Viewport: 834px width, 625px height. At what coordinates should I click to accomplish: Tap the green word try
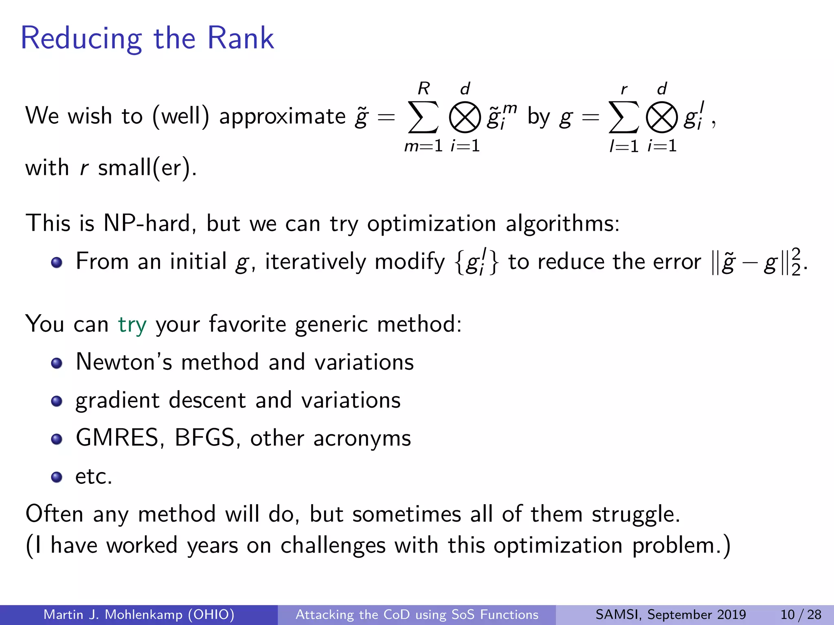click(132, 325)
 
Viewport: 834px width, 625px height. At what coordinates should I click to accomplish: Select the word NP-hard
click(147, 223)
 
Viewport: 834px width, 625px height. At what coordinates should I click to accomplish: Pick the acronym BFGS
click(205, 438)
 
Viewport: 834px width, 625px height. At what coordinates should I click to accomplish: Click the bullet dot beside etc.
click(57, 476)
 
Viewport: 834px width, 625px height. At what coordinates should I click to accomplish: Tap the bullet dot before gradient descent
click(57, 401)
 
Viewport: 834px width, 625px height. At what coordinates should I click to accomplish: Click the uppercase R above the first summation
click(424, 88)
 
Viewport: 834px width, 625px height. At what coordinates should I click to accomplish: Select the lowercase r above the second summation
click(624, 90)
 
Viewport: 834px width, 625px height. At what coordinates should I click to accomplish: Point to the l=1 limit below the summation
click(624, 146)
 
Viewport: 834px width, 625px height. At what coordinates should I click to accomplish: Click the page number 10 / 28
click(801, 614)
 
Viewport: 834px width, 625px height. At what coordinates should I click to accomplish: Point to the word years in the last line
click(212, 546)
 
